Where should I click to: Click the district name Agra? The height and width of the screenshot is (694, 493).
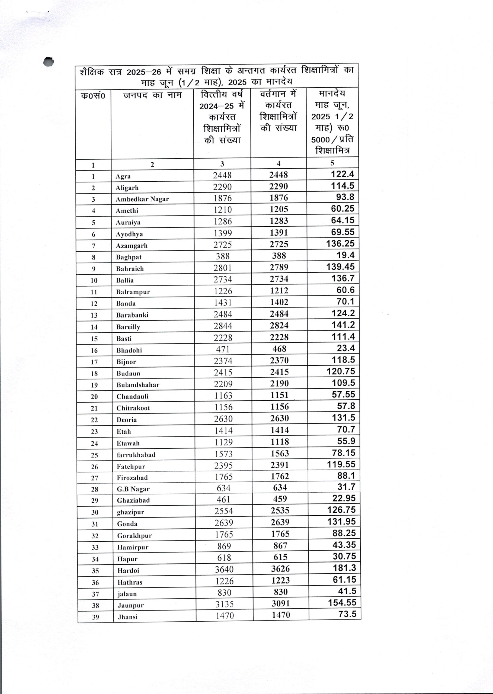[x=123, y=176]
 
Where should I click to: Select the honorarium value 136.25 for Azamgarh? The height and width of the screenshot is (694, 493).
[x=340, y=244]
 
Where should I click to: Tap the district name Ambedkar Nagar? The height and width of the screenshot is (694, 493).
[x=142, y=199]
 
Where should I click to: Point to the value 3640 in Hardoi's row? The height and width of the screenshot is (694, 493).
[x=224, y=569]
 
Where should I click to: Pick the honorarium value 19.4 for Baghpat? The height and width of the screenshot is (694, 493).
[x=345, y=255]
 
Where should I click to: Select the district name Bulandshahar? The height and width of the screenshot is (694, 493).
[x=138, y=385]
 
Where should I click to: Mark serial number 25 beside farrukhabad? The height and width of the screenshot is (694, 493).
[x=94, y=455]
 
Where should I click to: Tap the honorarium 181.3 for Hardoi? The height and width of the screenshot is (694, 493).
[x=344, y=568]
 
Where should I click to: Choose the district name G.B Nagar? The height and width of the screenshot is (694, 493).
[x=133, y=489]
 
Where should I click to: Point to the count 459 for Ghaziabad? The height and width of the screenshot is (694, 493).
[x=280, y=499]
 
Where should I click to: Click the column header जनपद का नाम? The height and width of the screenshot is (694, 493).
[x=152, y=95]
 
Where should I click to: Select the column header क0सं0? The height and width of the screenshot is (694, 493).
[x=93, y=96]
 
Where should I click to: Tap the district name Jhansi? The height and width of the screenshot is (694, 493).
[x=127, y=617]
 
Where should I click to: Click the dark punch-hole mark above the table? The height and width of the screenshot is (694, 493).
[x=49, y=62]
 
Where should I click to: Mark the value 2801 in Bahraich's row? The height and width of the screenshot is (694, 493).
[x=223, y=268]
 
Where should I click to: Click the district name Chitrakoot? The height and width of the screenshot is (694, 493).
[x=133, y=408]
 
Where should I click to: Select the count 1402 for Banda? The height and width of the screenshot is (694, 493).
[x=279, y=302]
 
